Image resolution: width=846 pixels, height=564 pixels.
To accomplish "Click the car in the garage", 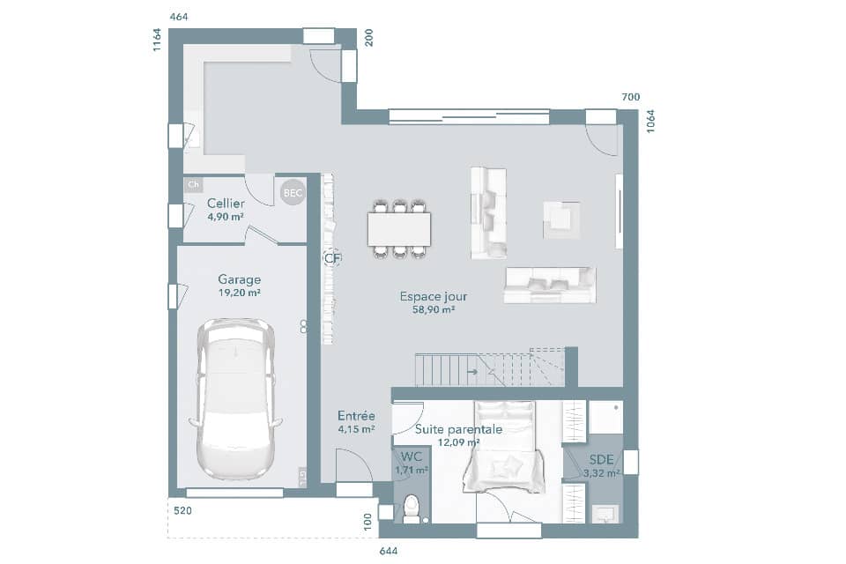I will point(235,398).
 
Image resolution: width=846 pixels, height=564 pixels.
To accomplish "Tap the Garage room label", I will point(240,279).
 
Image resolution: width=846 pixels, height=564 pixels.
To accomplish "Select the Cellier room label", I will point(226,204).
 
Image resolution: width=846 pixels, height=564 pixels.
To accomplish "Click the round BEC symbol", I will point(292,192).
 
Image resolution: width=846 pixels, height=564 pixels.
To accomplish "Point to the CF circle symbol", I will point(331,258).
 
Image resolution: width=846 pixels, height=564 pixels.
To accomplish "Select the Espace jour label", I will point(433,297).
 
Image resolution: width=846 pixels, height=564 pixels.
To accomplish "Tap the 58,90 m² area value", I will point(433,310).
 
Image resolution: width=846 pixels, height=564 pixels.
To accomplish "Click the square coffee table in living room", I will point(561,219).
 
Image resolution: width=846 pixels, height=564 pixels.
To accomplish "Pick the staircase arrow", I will point(473,372).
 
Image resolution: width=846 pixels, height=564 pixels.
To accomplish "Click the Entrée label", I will point(356,416).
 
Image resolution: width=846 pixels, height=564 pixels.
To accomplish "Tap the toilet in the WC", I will point(411,508).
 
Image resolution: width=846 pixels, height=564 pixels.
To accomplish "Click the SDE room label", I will point(602,459).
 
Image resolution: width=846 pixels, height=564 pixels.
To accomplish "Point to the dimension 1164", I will point(157,40).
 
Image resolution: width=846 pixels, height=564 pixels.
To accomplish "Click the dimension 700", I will point(630,97).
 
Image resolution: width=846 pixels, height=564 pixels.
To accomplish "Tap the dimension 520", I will point(182,510).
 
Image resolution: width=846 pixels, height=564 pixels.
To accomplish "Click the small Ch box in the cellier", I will point(193,185).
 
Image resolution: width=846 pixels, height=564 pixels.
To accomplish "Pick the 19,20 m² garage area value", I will point(239,293).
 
